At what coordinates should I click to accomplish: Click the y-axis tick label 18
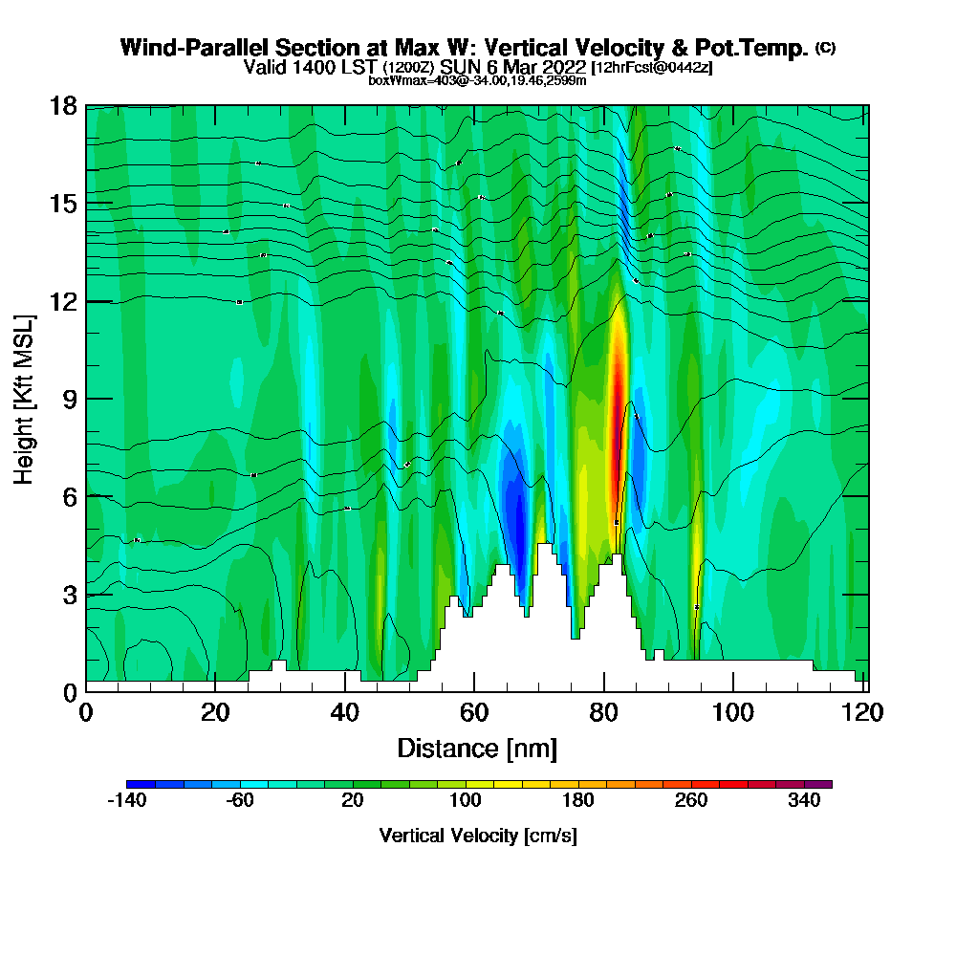pos(63,106)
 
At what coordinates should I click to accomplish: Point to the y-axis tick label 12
pos(63,301)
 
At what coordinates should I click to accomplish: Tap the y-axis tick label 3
pos(69,594)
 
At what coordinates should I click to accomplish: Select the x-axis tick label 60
pos(474,712)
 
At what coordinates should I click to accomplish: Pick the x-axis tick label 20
pos(215,712)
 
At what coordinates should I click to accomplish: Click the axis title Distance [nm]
pos(477,748)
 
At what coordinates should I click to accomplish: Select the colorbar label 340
pos(805,800)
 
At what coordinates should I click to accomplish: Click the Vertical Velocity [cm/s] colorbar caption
pos(478,836)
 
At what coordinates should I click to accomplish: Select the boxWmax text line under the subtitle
pos(477,80)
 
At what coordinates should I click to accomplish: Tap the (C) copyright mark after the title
pos(825,47)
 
